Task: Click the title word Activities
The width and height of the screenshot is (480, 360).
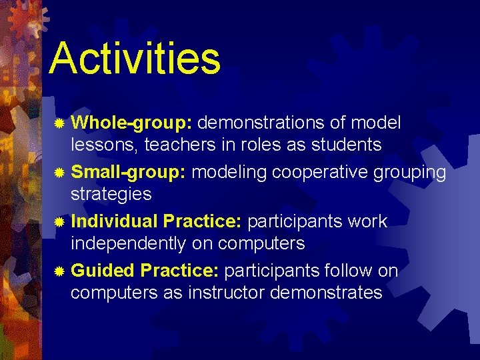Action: point(134,58)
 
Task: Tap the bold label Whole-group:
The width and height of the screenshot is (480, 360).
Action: point(131,123)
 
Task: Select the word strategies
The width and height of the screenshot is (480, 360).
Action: point(111,195)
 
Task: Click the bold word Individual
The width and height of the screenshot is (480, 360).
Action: point(114,221)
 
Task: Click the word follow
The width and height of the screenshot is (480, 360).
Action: point(348,270)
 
